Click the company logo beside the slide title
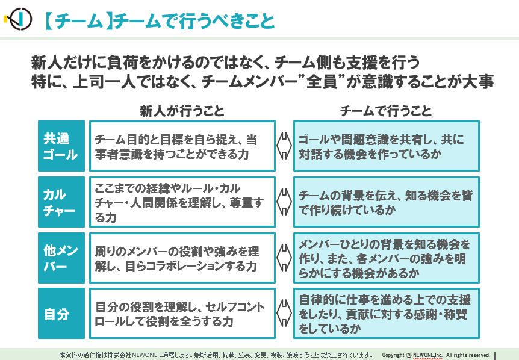18,19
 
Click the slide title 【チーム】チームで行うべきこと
159,21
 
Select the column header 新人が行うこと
182,111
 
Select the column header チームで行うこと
385,111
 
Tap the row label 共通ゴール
61,146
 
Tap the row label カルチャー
61,202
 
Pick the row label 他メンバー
61,258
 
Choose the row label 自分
61,314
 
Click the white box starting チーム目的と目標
182,146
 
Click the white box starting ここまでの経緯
182,202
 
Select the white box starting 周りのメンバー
182,258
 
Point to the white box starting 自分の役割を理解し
182,314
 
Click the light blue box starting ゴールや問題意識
387,146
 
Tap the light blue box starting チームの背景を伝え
387,202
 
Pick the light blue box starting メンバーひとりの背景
387,258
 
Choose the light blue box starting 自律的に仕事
387,314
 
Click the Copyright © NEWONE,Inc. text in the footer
412,355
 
